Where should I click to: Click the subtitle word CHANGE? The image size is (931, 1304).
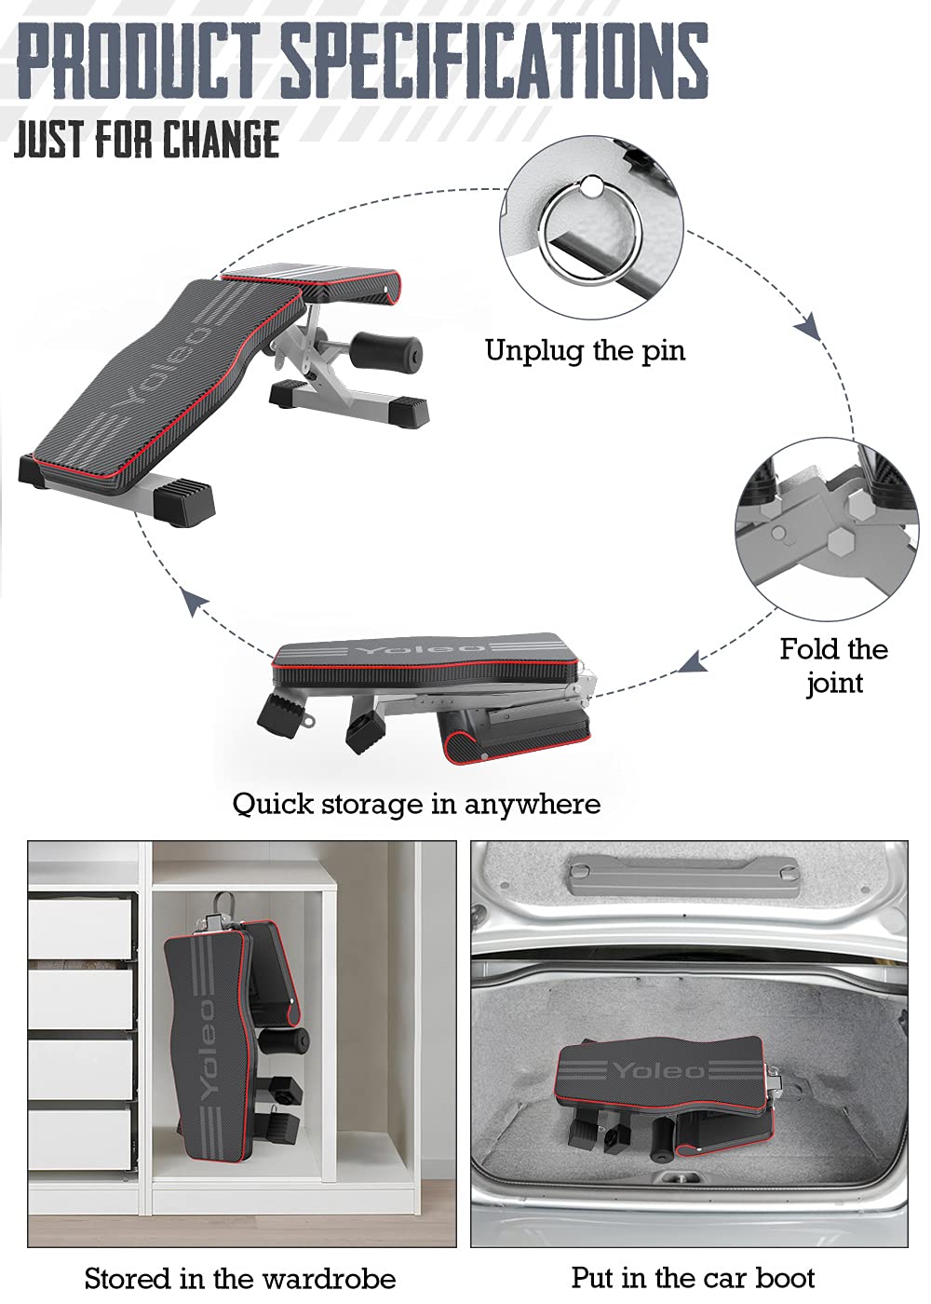click(222, 140)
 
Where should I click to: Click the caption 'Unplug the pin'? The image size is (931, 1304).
click(585, 351)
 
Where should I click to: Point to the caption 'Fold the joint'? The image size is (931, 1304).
click(834, 665)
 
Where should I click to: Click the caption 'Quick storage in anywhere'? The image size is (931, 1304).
click(416, 803)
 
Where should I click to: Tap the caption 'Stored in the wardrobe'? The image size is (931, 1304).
click(240, 1277)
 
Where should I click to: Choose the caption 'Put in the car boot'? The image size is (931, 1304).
click(693, 1277)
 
